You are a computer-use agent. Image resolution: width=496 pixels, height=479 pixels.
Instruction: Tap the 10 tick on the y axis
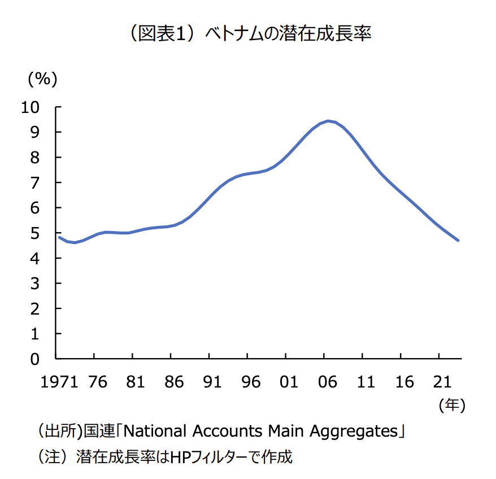pos(31,107)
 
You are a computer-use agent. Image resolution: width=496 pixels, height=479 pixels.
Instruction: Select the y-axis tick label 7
pos(35,182)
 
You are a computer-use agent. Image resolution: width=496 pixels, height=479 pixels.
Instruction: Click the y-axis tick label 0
pos(35,359)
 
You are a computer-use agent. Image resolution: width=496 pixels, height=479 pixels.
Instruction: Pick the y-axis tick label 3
pos(35,283)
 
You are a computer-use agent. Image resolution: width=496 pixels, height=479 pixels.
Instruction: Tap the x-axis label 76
pos(98,382)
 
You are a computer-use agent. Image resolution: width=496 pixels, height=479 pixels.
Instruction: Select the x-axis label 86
pos(175,382)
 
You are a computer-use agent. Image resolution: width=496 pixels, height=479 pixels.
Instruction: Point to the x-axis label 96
pos(251,382)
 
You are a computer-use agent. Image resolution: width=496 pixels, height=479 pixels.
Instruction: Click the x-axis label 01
pos(289,382)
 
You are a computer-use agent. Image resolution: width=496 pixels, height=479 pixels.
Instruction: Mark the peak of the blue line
pos(328,121)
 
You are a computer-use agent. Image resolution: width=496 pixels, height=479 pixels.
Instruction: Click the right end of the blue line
pos(458,240)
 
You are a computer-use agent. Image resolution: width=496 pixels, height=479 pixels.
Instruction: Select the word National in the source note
pos(155,432)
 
